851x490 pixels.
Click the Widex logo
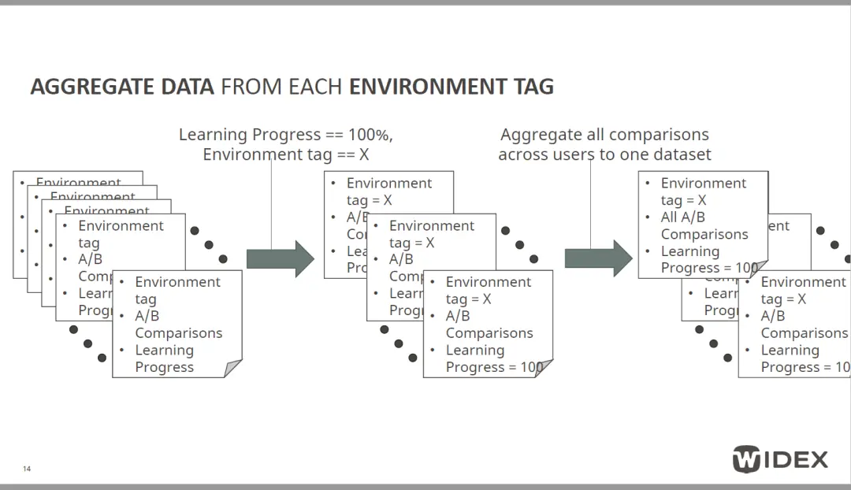coord(780,458)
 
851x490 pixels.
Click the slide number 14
coord(27,470)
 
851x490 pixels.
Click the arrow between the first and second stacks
coord(281,258)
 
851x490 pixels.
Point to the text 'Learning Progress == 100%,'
coord(285,135)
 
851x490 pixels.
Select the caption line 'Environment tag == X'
coord(285,154)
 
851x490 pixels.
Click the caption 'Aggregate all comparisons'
coord(604,135)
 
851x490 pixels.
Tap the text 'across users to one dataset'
coord(604,154)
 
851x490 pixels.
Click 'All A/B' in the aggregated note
coord(682,217)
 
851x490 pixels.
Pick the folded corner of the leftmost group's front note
coord(233,369)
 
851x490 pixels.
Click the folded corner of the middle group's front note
coord(544,369)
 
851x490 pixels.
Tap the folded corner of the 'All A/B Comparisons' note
coord(759,269)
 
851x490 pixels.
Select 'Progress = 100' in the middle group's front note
coord(494,367)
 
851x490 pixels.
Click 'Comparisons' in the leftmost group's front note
coord(179,333)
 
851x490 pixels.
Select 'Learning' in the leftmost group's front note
coord(164,351)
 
